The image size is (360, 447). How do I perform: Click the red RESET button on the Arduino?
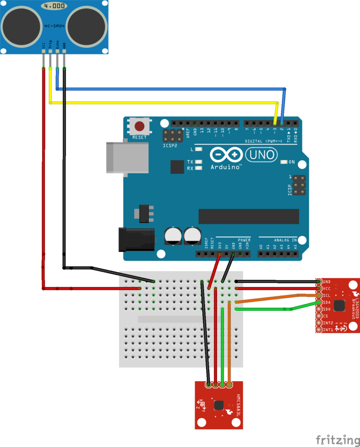coord(139,127)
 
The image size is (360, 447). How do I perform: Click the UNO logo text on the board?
coord(261,154)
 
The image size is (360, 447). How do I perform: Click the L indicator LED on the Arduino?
coord(199,149)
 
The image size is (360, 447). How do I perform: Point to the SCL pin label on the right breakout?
coord(327,295)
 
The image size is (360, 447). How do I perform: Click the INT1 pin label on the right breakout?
coord(328,330)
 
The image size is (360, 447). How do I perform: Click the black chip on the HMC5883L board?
coord(219,405)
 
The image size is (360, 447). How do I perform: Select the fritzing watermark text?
coord(335,440)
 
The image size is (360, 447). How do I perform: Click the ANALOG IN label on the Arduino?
coord(285,240)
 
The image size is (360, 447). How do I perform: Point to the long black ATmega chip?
coord(248,216)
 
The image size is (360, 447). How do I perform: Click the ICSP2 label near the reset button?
coord(170,146)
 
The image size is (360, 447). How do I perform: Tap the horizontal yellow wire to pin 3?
coord(165,103)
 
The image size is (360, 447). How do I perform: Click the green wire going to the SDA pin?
coord(265,309)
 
